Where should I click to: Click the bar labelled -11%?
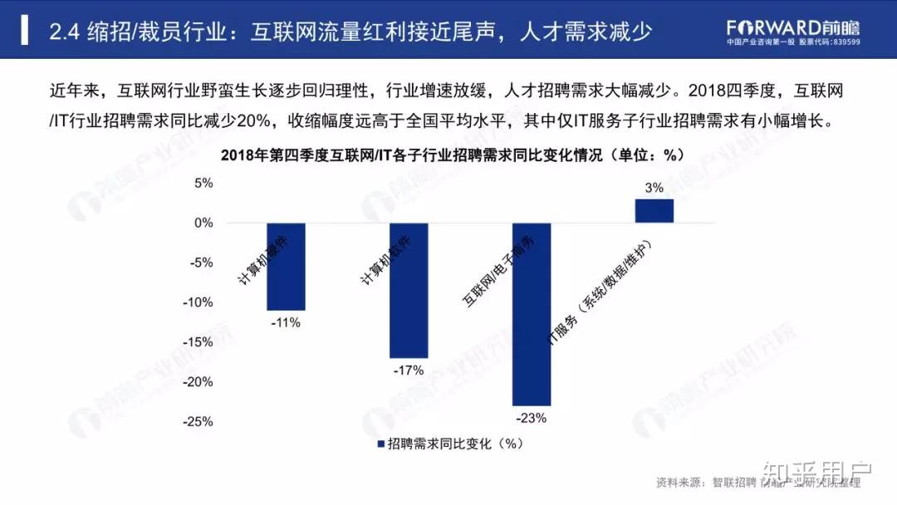click(286, 266)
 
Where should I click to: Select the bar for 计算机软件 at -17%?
click(409, 290)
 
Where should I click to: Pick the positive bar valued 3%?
click(654, 211)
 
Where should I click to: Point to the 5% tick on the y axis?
click(203, 183)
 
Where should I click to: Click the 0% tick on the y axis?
click(203, 223)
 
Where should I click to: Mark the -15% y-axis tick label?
click(199, 342)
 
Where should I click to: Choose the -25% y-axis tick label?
click(199, 421)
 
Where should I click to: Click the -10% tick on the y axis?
click(199, 302)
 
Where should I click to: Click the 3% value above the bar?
click(654, 188)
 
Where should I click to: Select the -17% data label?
click(409, 370)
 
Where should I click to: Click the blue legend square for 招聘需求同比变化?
click(381, 444)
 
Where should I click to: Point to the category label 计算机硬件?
click(262, 259)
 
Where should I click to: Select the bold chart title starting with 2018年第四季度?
click(451, 154)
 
